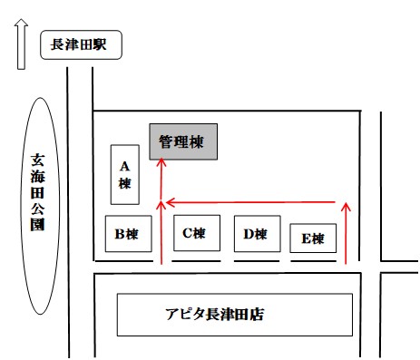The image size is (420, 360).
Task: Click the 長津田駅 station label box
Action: click(81, 45)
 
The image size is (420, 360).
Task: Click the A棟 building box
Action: click(125, 174)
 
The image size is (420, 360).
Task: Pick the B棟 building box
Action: click(126, 234)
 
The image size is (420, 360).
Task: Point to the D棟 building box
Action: click(255, 234)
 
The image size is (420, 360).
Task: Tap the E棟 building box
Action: click(313, 238)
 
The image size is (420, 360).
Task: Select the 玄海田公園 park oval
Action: click(38, 205)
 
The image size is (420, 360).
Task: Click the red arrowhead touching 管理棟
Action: click(161, 162)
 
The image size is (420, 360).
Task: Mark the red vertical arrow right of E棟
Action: click(346, 236)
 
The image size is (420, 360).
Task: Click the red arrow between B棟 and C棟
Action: click(161, 236)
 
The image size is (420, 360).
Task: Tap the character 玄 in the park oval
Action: click(38, 155)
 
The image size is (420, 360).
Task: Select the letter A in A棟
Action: click(125, 166)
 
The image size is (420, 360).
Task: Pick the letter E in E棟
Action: click(307, 238)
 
